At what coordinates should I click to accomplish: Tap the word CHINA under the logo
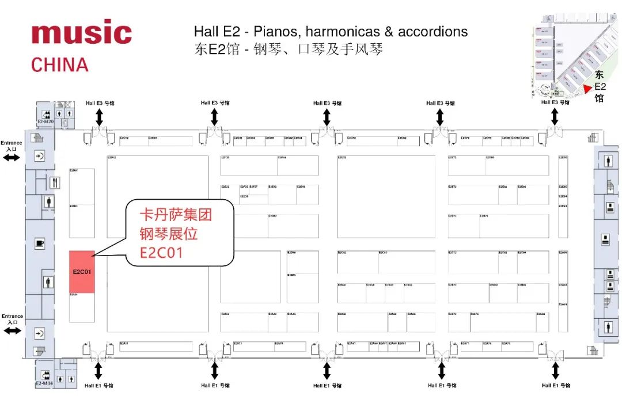point(60,64)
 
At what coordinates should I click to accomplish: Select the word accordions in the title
point(433,31)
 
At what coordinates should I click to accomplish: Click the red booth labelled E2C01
point(82,272)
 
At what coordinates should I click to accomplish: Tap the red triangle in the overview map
point(587,89)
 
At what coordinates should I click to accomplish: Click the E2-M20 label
point(45,122)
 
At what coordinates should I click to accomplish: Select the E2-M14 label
point(45,383)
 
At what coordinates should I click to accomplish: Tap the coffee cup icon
point(40,243)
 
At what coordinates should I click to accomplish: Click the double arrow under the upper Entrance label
point(12,157)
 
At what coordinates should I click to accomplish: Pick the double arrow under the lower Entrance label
point(12,330)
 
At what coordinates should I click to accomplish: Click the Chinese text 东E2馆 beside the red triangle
point(600,86)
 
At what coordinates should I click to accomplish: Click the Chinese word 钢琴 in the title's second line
point(261,49)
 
